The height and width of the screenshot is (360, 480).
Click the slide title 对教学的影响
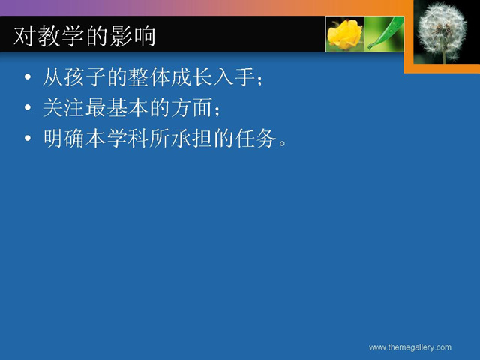click(x=85, y=37)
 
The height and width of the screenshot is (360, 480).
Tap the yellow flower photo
click(x=345, y=34)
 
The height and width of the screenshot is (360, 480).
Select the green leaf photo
click(x=385, y=34)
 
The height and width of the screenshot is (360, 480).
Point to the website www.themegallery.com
click(x=410, y=347)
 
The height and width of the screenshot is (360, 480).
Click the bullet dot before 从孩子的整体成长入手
click(x=28, y=76)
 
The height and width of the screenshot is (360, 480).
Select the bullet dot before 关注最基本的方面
click(x=28, y=107)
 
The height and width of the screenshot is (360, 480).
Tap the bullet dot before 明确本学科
click(x=28, y=138)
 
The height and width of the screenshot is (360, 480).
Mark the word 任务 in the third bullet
click(x=255, y=138)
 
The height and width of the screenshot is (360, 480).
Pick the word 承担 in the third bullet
click(x=191, y=138)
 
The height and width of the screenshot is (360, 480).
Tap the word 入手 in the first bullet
click(x=234, y=76)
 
